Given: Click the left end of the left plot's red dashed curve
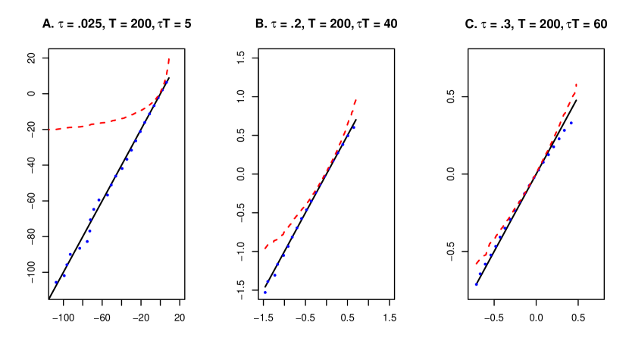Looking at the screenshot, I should tap(50, 130).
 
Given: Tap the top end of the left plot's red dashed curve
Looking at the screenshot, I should tap(168, 58).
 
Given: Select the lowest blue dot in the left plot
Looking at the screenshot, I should tap(55, 282).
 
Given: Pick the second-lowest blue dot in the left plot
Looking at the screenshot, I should tap(64, 275).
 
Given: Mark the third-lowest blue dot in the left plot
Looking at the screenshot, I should tap(67, 265).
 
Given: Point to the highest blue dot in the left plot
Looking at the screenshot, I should tap(166, 81).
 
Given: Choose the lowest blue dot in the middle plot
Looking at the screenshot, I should tap(264, 292).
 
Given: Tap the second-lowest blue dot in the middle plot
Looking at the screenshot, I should tap(268, 283).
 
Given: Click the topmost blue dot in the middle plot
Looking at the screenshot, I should tap(354, 127).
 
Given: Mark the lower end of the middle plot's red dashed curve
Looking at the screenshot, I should tap(265, 248).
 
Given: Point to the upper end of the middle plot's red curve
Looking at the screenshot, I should tap(355, 99).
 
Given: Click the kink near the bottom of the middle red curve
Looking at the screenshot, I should tap(283, 235).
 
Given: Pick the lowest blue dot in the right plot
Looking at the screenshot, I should tap(476, 284).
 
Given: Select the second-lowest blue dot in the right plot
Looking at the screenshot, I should tap(480, 274).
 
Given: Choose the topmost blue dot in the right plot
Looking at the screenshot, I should tap(571, 122).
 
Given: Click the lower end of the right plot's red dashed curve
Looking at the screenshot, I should tap(476, 264).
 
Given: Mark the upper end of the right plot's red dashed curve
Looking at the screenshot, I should tap(577, 83).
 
